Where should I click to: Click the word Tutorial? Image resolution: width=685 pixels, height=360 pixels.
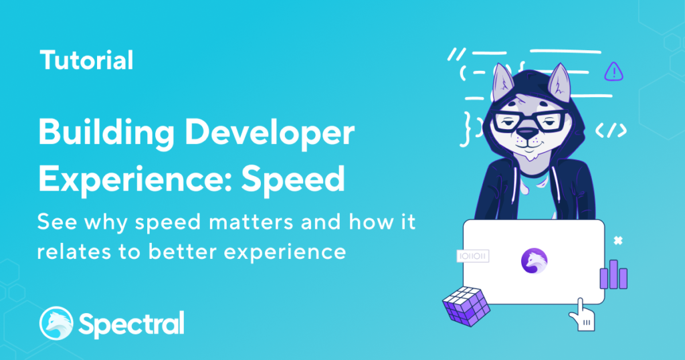86,60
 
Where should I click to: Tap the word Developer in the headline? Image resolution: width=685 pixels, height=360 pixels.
270,133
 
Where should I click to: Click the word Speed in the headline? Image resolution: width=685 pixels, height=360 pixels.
293,179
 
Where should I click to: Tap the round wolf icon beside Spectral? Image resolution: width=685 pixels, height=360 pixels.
56,323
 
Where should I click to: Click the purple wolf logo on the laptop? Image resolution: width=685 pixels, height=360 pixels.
534,261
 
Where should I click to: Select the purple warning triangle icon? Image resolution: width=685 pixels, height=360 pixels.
614,71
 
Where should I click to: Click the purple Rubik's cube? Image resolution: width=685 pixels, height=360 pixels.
466,306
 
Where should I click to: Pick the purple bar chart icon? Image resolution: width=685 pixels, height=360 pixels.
613,274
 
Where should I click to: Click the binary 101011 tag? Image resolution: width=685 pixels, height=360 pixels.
473,256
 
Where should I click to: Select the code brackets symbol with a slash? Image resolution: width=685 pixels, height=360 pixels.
611,130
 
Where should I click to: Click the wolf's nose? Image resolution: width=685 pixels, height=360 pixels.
527,132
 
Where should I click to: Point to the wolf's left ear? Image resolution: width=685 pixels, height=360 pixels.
503,83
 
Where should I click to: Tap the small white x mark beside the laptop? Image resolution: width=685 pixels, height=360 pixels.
617,241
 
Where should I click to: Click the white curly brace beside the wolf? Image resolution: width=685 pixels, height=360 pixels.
468,128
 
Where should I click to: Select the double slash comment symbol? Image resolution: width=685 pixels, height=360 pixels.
456,54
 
